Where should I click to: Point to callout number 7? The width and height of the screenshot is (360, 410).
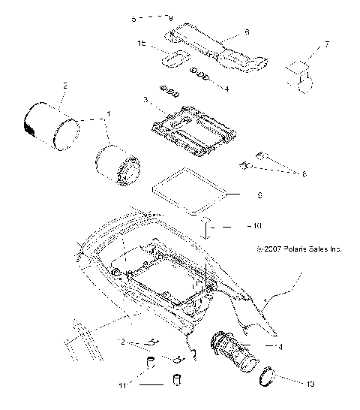point(326,47)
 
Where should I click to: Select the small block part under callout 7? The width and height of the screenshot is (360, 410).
point(300,77)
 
